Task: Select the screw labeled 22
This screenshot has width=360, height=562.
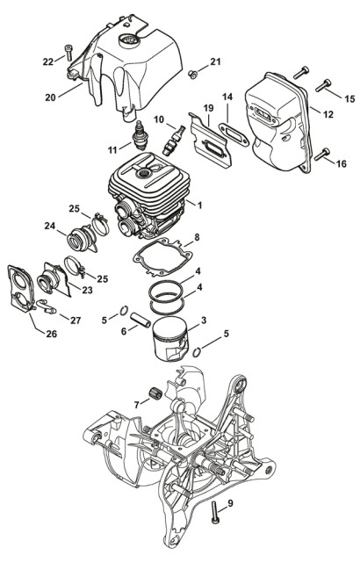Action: tap(68, 53)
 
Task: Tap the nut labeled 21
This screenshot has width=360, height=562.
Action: tap(192, 75)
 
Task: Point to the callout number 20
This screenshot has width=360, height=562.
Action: tap(51, 97)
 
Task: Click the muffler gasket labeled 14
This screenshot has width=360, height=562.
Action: tap(234, 134)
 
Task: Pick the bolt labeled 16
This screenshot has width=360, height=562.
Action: tap(322, 155)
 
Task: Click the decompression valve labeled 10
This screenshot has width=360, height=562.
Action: tap(173, 140)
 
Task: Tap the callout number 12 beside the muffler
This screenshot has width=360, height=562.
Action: tap(328, 114)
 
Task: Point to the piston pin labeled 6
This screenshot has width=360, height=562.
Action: tap(141, 320)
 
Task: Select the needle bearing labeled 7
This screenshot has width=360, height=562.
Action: tap(155, 393)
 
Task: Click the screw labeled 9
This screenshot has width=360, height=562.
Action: tap(214, 513)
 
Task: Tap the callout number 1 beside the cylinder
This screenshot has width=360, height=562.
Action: tap(199, 205)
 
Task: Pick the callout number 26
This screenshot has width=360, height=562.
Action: tap(52, 334)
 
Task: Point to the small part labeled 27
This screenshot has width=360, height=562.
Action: tap(47, 306)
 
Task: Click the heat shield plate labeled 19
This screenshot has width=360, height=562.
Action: tap(211, 140)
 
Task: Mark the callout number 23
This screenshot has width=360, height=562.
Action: tap(87, 290)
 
